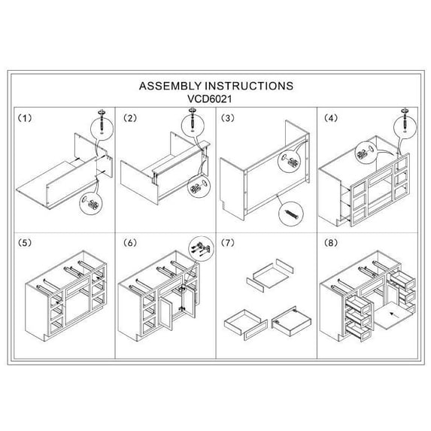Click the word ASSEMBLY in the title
tap(170, 86)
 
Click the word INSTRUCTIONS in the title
tap(249, 86)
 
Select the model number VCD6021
tap(209, 99)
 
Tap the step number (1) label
tap(25, 118)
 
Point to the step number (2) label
tap(129, 118)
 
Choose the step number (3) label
tap(228, 118)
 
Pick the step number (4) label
tap(331, 118)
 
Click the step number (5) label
tap(25, 243)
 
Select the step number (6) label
tap(129, 243)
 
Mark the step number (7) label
tap(228, 243)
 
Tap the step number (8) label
tap(331, 243)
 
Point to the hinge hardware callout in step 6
tap(201, 249)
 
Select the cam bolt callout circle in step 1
tap(102, 129)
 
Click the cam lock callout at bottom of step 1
tap(91, 204)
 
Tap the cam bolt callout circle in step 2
tap(193, 125)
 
